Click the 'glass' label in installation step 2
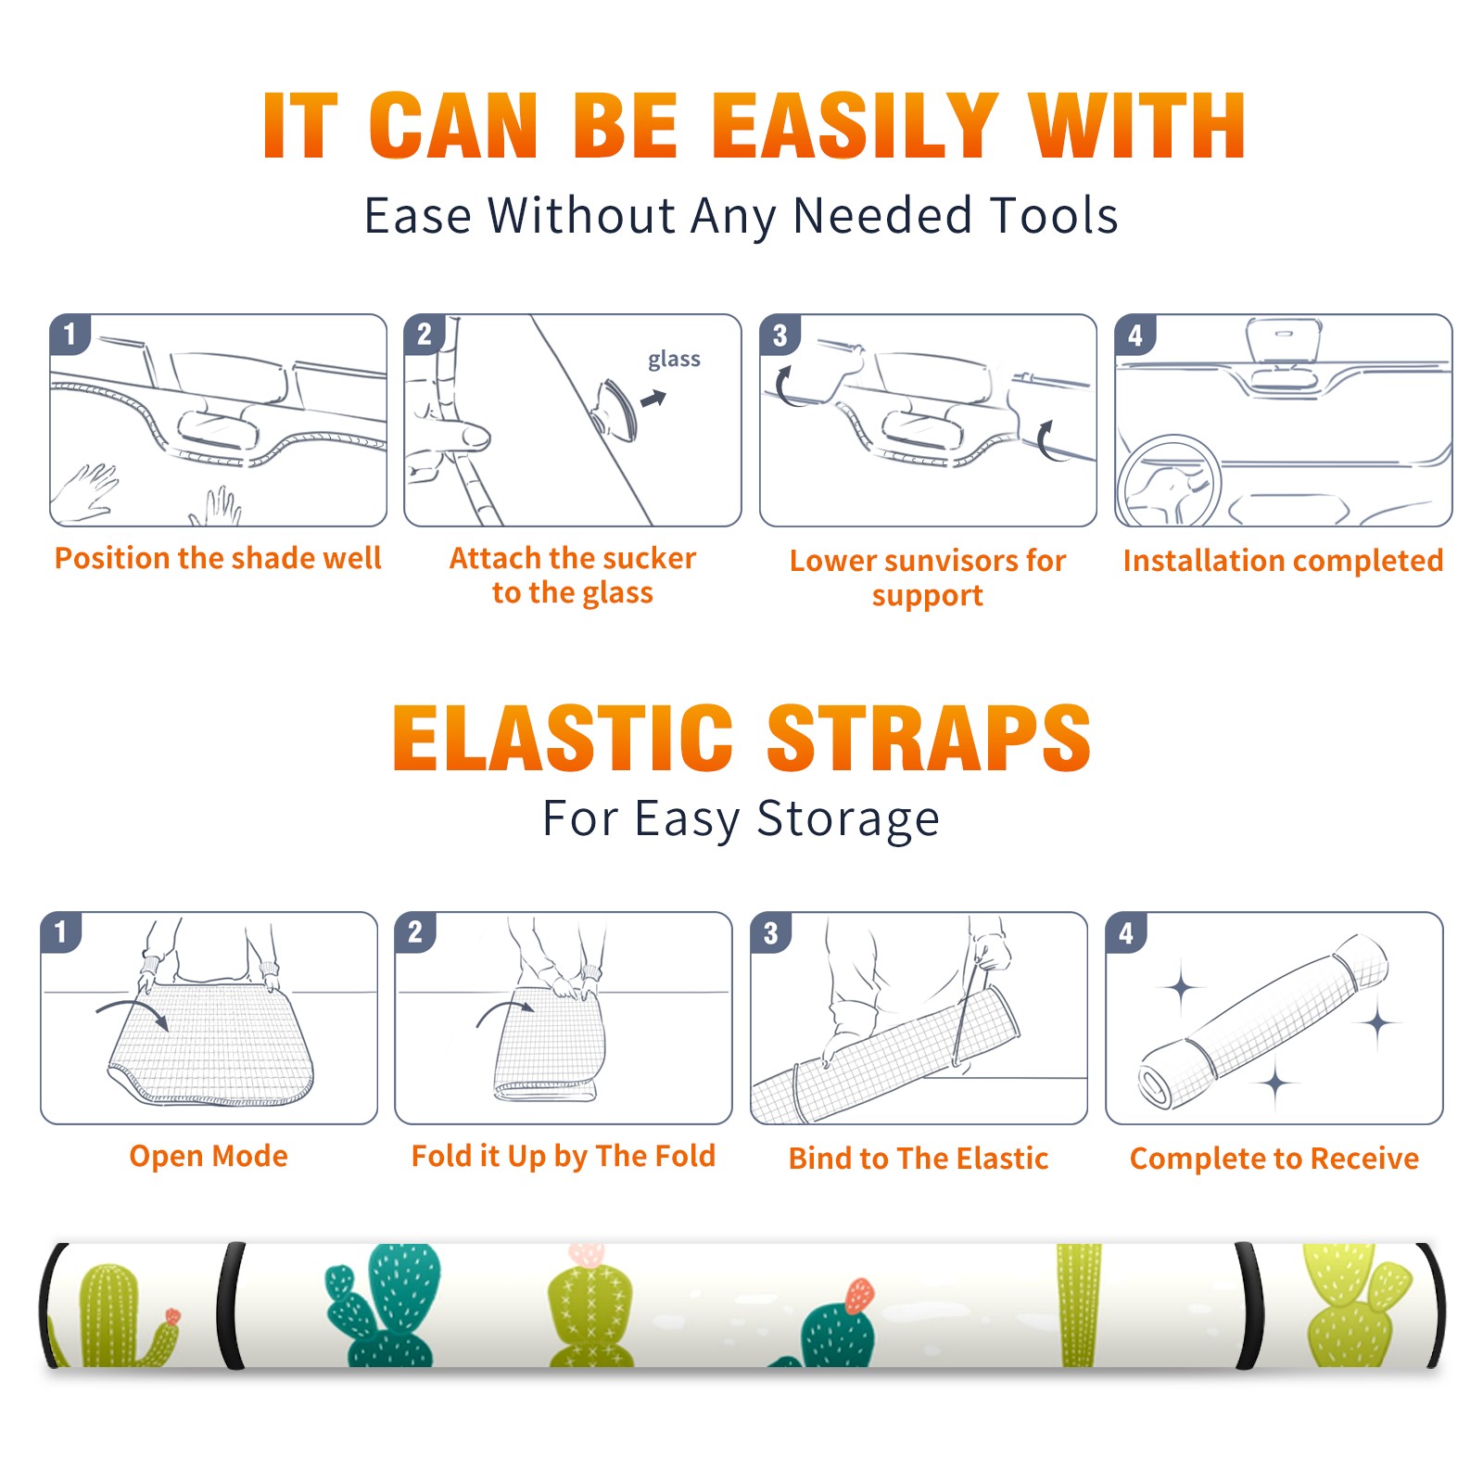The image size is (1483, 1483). [x=674, y=360]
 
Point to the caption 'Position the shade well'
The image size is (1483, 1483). [x=218, y=558]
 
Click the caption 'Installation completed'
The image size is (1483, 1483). [x=1283, y=561]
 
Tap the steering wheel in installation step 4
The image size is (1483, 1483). [x=1169, y=481]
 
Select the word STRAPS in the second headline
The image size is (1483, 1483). [x=929, y=738]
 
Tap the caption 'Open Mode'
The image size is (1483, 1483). [x=209, y=1156]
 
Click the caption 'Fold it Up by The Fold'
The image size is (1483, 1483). [x=564, y=1157]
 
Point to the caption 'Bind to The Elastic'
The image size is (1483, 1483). [x=919, y=1159]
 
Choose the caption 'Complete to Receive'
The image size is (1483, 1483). [x=1274, y=1159]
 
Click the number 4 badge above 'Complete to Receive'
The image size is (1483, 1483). [x=1126, y=932]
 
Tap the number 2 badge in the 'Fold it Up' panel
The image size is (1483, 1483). [x=415, y=932]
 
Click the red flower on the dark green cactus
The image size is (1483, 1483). [x=859, y=1295]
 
